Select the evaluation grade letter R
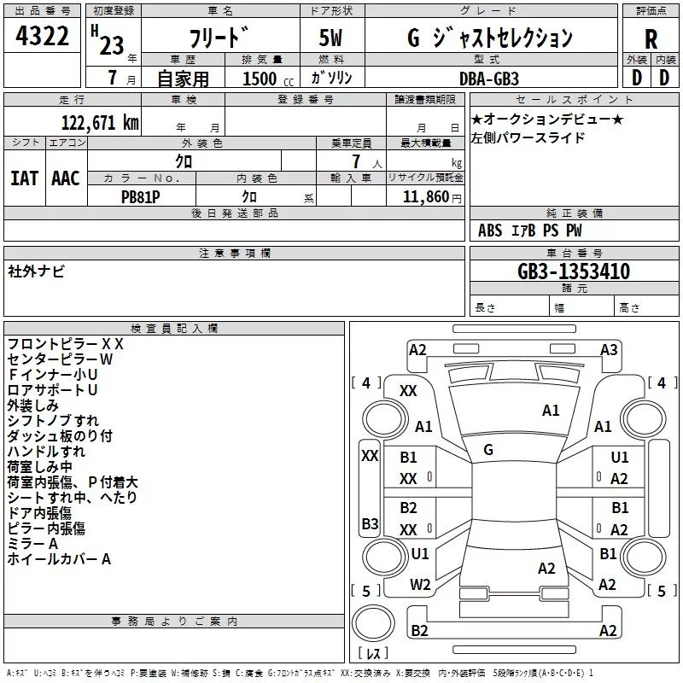pos(651,38)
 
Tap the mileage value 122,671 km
pos(99,122)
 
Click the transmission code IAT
pos(24,178)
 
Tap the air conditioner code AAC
pos(66,178)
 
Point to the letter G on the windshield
pos(488,449)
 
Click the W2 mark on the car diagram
pos(420,585)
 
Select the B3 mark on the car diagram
pos(370,523)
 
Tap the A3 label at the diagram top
pos(609,349)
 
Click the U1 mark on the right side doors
pos(620,458)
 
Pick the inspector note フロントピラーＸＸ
pos(66,343)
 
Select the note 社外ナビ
pos(36,271)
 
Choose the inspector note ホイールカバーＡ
pos(59,559)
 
